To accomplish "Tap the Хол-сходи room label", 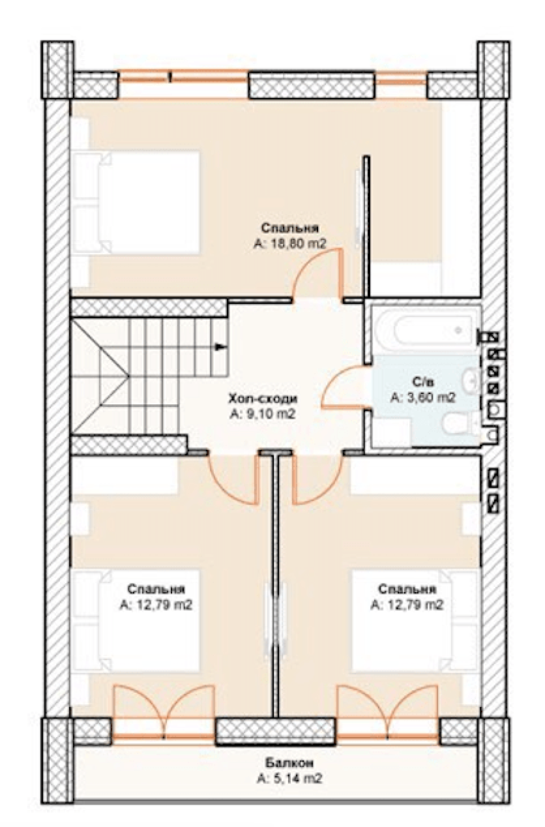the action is point(263,399).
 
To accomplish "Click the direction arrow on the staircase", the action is point(220,346).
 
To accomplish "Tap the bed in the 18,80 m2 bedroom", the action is point(136,202).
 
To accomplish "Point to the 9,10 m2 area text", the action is point(262,415).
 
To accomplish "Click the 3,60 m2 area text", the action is point(423,398).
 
